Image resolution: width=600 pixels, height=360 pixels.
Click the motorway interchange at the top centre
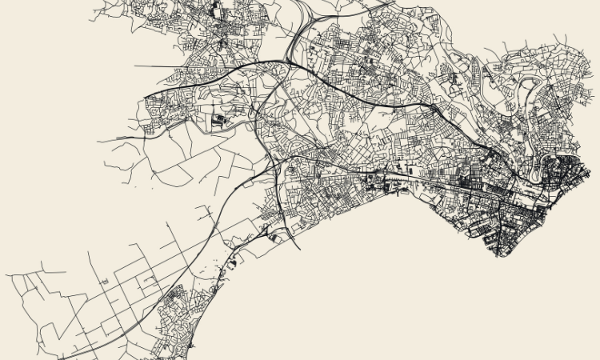point(294,58)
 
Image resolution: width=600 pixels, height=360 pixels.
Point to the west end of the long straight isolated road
point(135,66)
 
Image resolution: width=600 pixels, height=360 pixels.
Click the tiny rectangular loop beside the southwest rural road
point(149,279)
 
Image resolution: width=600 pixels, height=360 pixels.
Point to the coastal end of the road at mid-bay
point(299,248)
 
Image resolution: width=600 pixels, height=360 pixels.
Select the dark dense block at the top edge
point(216,10)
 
